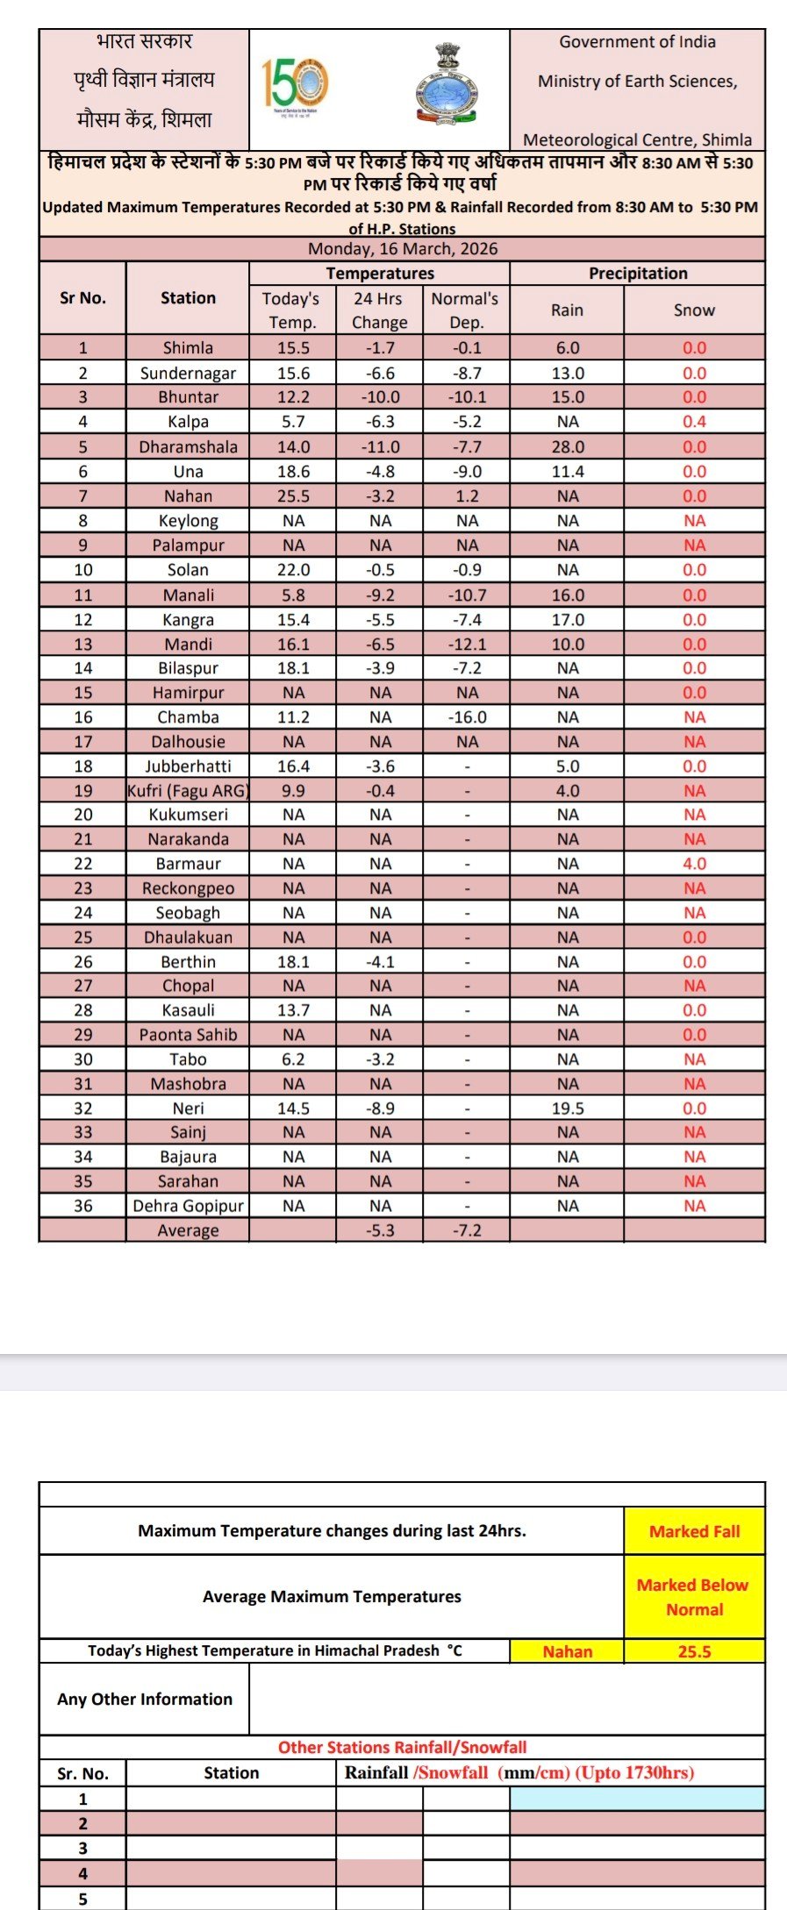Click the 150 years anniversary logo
[295, 85]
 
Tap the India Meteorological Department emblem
[447, 85]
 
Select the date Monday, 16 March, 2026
[402, 249]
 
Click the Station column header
[188, 298]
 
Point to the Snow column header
[694, 310]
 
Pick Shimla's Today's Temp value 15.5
[293, 348]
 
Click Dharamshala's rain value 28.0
[568, 447]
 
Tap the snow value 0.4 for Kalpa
[694, 422]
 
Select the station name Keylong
[188, 521]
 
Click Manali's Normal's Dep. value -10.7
[467, 595]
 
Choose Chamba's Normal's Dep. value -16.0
[467, 717]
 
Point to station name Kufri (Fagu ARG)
[188, 791]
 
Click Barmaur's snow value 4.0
[694, 864]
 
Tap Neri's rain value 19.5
[568, 1108]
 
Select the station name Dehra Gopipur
[188, 1206]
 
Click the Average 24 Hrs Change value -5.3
[380, 1230]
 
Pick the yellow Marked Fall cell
[694, 1531]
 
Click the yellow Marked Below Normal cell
[693, 1597]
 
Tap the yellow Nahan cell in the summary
[568, 1651]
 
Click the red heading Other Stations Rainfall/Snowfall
[402, 1747]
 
